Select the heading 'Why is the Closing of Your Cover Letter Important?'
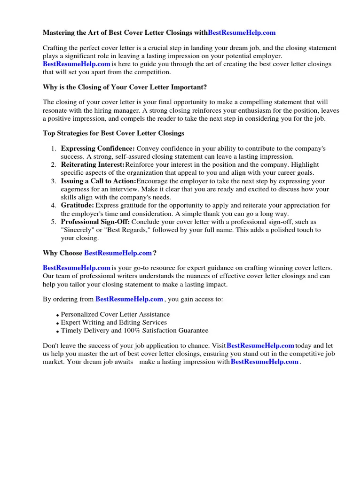(x=125, y=87)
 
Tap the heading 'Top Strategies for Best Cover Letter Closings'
(x=113, y=133)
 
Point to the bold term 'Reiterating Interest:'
(x=93, y=165)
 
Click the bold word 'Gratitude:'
(x=78, y=206)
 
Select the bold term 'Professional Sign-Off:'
(x=95, y=222)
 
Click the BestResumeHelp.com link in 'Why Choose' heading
(x=118, y=253)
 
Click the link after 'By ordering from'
(x=129, y=299)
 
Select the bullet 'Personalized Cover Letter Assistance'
(x=115, y=314)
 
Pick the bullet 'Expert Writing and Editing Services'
(x=114, y=322)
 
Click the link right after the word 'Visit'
(x=260, y=346)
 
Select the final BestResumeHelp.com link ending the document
(x=265, y=362)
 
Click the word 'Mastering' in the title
(x=58, y=33)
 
